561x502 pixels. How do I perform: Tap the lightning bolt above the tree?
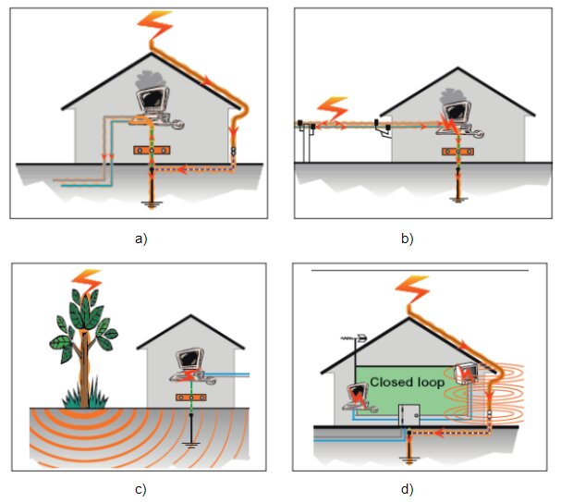(x=88, y=277)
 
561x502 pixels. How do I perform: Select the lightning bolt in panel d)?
(x=412, y=288)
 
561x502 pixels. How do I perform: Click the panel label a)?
(x=141, y=239)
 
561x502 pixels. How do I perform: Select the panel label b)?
(x=407, y=239)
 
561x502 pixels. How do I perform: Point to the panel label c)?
(x=141, y=488)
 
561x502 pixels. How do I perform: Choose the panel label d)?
(x=407, y=488)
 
